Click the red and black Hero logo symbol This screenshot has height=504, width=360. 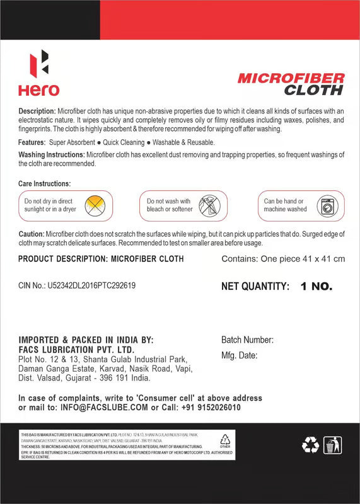(39, 64)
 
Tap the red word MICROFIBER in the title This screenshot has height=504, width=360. (291, 78)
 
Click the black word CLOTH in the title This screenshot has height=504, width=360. (313, 90)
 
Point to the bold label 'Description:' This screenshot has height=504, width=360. (37, 111)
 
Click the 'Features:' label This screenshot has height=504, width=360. (32, 142)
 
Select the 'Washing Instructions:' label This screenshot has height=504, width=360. (51, 154)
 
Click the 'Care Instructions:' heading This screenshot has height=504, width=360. (44, 183)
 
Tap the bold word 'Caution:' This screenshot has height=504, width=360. (32, 234)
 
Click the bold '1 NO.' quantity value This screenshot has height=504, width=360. (316, 286)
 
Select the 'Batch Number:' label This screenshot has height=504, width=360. (247, 340)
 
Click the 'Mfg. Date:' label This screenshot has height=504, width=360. (239, 355)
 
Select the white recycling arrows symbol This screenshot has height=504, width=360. (310, 445)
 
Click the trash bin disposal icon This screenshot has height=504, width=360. (332, 445)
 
